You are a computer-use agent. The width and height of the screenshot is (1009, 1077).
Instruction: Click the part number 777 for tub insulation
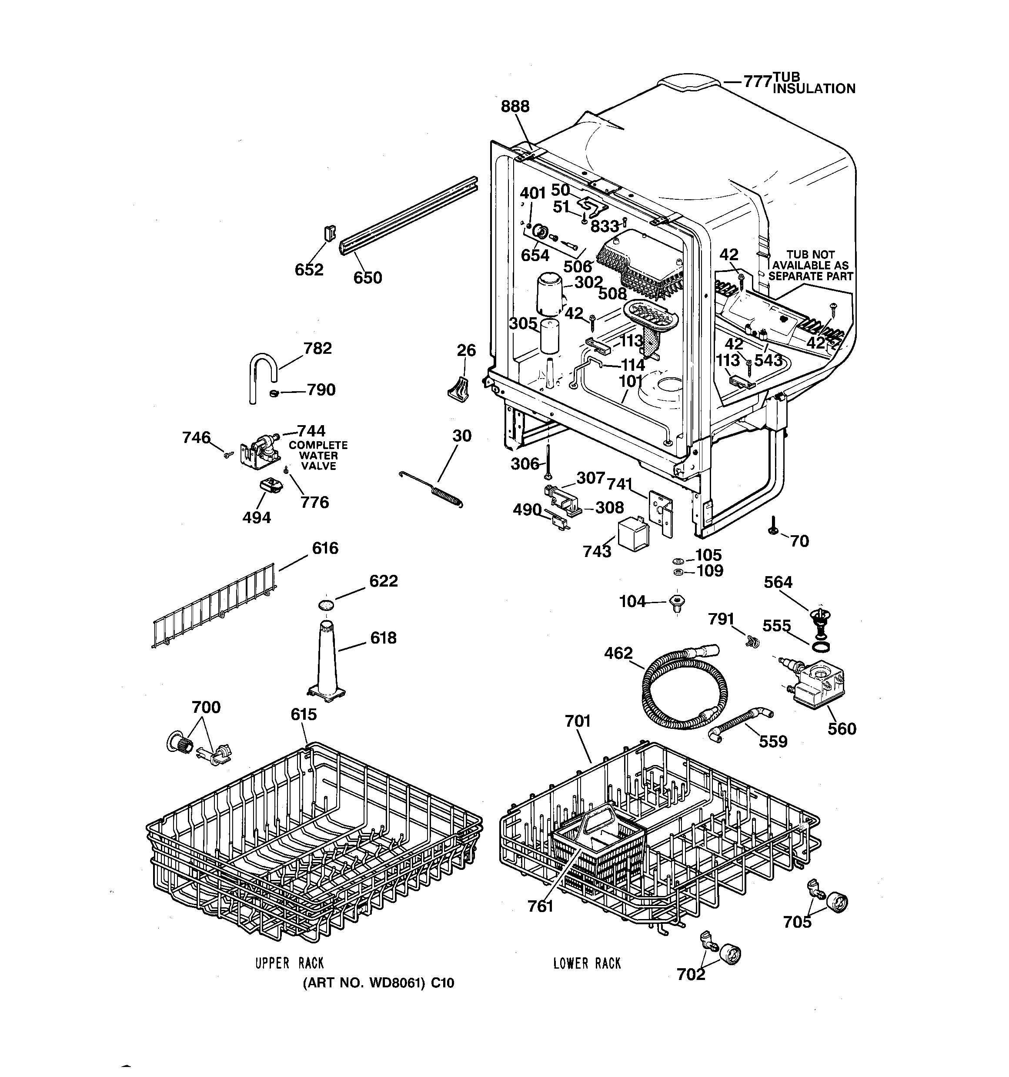757,82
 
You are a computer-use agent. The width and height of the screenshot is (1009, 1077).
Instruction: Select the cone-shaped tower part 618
327,661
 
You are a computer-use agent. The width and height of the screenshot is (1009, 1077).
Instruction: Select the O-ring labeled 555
821,646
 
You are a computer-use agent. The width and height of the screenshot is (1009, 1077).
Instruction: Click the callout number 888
515,106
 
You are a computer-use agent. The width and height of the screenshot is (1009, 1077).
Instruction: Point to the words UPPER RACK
289,963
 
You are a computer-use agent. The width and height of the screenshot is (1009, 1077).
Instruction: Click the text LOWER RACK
587,963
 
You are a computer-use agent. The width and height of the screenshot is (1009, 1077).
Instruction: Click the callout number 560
841,728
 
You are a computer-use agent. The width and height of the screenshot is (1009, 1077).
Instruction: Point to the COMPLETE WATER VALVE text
318,456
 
